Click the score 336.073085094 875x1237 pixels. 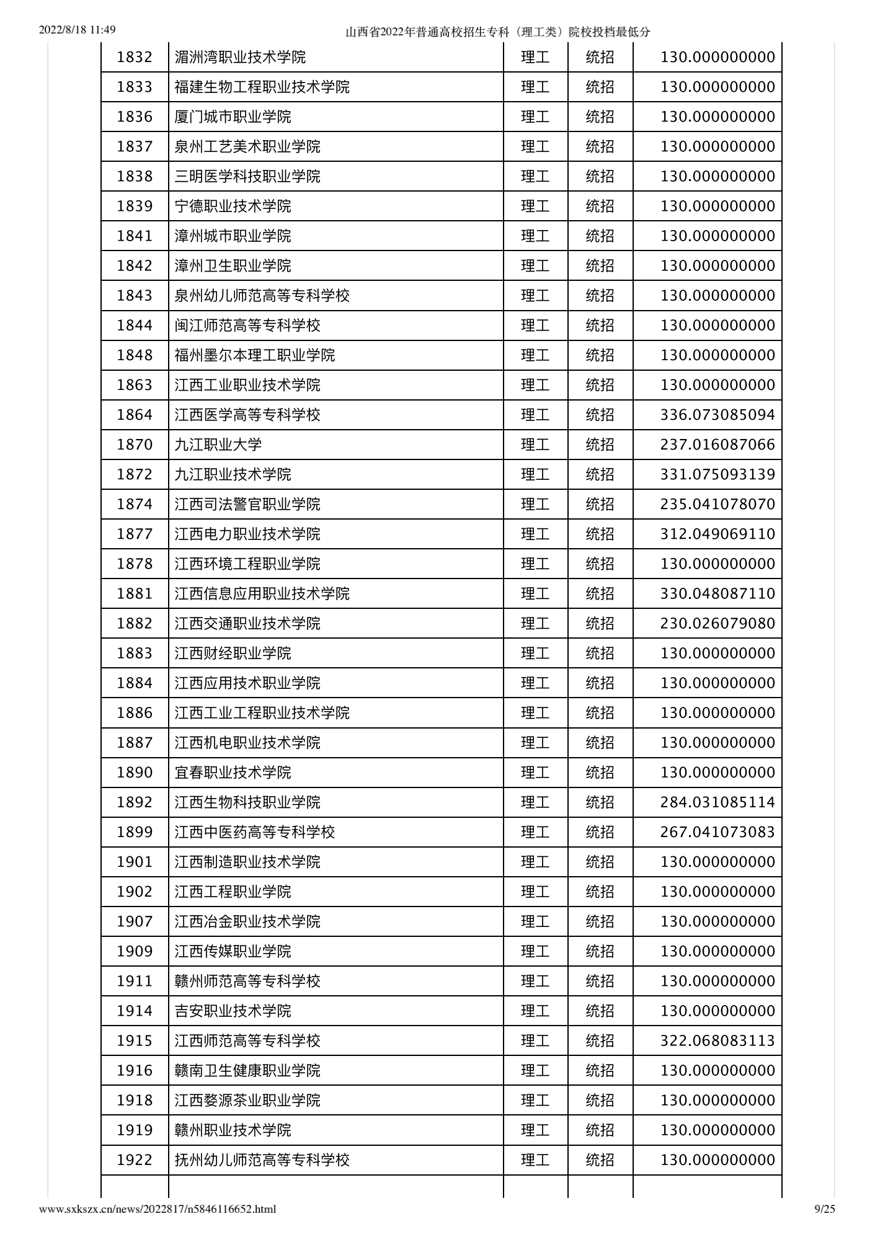coord(717,415)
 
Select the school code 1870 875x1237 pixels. coord(135,445)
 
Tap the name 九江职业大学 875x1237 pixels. coord(218,445)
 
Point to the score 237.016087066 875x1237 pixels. coord(717,445)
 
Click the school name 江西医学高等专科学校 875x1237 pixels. coord(247,415)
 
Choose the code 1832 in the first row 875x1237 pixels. coord(135,58)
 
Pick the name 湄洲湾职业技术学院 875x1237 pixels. coord(240,58)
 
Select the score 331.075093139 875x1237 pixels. coord(717,474)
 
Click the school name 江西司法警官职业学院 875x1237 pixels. coord(247,504)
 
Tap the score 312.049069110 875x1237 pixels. coord(717,534)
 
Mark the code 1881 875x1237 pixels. coord(135,593)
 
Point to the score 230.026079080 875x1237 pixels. coord(717,623)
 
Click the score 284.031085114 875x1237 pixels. coord(717,802)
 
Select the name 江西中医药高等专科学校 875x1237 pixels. coord(254,832)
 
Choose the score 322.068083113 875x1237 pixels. coord(717,1040)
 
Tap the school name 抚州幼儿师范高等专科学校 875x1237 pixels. coord(262,1159)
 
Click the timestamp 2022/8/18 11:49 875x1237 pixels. coord(78,30)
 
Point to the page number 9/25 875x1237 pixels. coord(824,1208)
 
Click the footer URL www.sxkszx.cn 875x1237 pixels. coord(158,1208)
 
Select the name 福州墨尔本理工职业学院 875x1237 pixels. coord(254,355)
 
